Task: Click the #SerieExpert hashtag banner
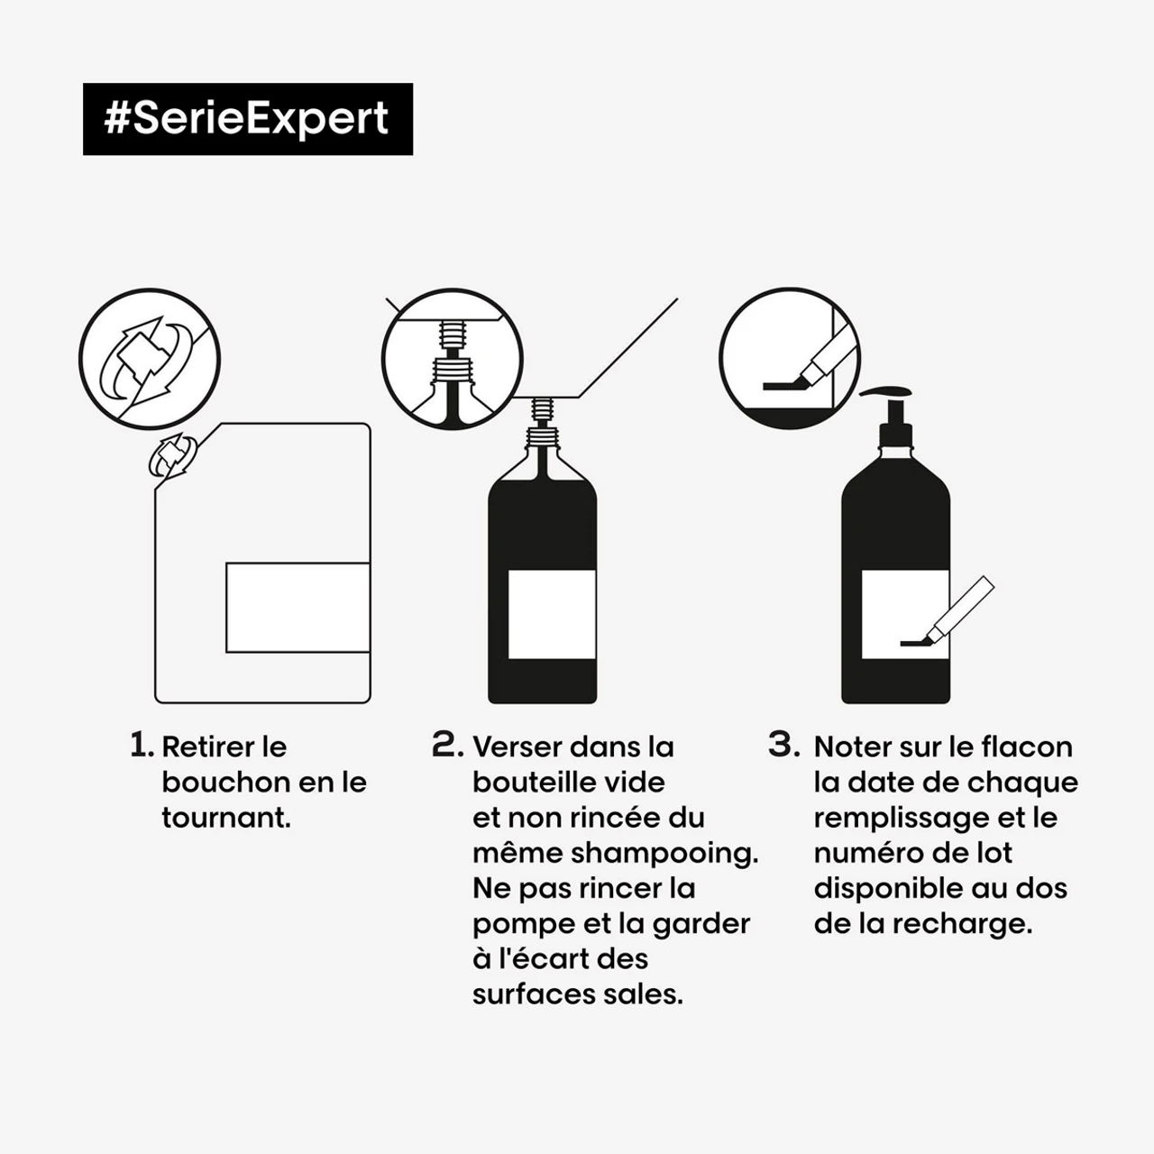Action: (x=247, y=119)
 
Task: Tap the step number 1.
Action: (x=141, y=745)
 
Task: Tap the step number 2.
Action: (x=447, y=745)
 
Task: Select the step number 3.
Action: (x=783, y=745)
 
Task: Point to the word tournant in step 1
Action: (x=224, y=818)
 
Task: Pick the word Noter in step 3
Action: (x=854, y=746)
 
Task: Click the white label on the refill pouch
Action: (x=298, y=607)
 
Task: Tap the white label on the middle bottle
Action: (x=552, y=614)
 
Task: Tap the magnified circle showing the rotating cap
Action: (x=149, y=358)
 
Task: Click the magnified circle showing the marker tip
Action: (x=790, y=358)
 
